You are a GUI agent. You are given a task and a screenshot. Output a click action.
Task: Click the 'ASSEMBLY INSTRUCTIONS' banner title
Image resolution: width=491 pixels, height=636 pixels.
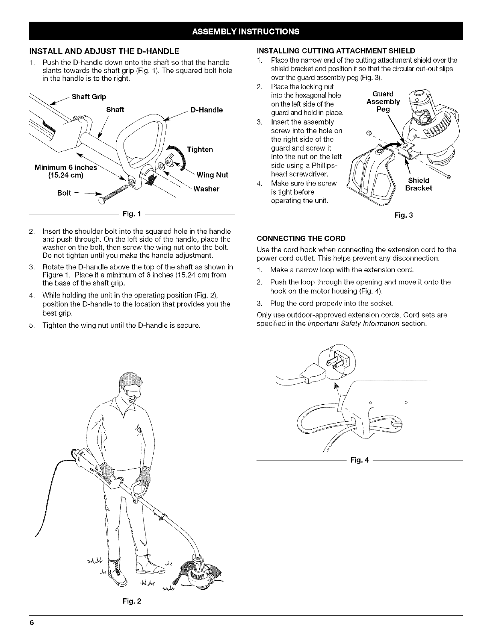point(245,31)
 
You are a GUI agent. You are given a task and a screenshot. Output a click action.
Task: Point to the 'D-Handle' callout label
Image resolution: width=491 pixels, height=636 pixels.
point(207,110)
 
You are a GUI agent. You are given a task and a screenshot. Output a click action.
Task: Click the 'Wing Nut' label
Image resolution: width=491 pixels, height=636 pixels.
point(212,175)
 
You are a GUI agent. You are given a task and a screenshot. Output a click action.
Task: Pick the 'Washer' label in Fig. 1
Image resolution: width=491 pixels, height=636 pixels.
point(206,189)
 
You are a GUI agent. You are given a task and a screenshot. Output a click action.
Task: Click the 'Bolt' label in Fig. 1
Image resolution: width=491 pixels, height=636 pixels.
point(65,193)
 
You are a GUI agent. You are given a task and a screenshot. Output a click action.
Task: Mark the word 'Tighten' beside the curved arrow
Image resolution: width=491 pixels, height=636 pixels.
point(200,150)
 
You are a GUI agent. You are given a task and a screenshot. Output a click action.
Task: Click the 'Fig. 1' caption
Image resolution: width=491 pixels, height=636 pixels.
point(130,216)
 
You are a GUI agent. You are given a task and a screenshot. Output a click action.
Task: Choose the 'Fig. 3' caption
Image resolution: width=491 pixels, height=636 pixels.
point(404,216)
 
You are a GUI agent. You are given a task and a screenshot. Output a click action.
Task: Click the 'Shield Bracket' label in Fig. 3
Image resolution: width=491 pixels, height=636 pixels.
point(418,184)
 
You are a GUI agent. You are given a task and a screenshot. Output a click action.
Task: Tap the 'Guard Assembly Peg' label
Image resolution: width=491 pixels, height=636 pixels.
point(383,101)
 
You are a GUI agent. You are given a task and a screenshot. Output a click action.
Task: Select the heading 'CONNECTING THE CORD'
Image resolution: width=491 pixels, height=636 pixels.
point(301,238)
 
